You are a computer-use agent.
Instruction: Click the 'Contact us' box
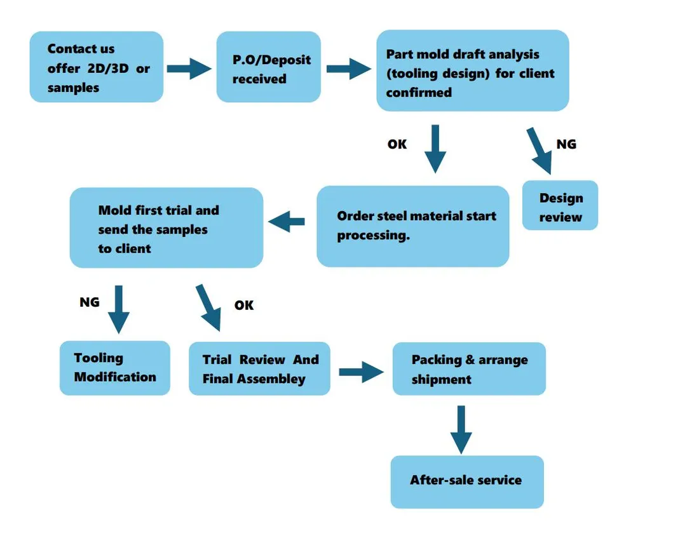tap(96, 67)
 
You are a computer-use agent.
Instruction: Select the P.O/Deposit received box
tap(268, 67)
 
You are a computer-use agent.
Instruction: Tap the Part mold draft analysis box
tap(472, 71)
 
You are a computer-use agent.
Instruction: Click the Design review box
tap(560, 206)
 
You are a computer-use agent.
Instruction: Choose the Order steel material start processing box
tap(412, 226)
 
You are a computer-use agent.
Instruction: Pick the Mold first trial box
tap(166, 227)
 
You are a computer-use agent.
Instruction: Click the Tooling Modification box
tap(115, 368)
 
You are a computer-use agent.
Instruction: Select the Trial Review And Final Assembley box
tap(259, 368)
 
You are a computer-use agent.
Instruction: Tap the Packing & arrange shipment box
tap(468, 369)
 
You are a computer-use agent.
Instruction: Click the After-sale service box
tap(466, 481)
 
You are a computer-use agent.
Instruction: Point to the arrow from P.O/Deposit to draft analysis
tap(348, 67)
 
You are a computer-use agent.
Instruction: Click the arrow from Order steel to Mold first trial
tap(287, 222)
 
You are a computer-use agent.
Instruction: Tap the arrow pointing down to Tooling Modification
tap(118, 309)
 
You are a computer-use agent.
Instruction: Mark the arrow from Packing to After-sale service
tap(461, 429)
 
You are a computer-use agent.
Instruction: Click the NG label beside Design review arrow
tap(566, 144)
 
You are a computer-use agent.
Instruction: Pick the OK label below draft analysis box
tap(397, 144)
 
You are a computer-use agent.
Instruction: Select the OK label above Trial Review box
tap(243, 305)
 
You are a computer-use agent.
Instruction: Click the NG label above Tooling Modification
tap(89, 302)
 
